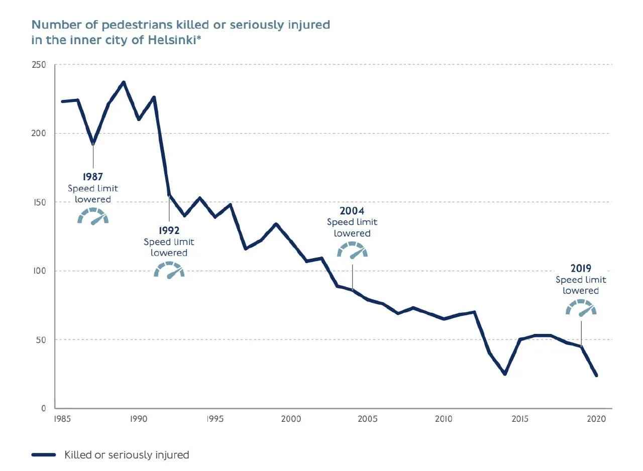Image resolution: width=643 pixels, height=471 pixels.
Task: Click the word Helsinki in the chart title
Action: (x=171, y=40)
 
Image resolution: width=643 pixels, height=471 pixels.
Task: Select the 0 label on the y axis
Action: (x=44, y=408)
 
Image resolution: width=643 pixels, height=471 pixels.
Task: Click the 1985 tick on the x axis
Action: (x=62, y=419)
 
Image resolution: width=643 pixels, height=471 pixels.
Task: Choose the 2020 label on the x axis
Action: (x=597, y=419)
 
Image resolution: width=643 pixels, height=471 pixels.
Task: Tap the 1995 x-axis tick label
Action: (x=215, y=419)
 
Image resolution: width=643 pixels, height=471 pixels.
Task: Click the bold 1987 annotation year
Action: (x=93, y=177)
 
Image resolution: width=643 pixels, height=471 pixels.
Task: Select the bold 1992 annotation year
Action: (x=169, y=230)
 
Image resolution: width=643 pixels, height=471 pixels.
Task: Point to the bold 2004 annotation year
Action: (x=352, y=211)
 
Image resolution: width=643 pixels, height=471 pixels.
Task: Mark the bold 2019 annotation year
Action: (x=581, y=268)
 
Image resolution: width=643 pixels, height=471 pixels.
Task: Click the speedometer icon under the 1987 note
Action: (x=93, y=216)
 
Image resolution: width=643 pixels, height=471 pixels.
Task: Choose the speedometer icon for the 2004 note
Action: (x=352, y=250)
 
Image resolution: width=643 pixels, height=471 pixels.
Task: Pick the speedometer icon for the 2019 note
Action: (x=581, y=307)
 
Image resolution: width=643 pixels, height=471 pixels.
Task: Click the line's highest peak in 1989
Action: (x=124, y=82)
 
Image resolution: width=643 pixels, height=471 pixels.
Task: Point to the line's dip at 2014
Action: (x=505, y=374)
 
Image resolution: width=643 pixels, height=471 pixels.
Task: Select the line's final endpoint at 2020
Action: (x=596, y=375)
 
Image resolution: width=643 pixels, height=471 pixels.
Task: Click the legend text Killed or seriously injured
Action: (x=127, y=455)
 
